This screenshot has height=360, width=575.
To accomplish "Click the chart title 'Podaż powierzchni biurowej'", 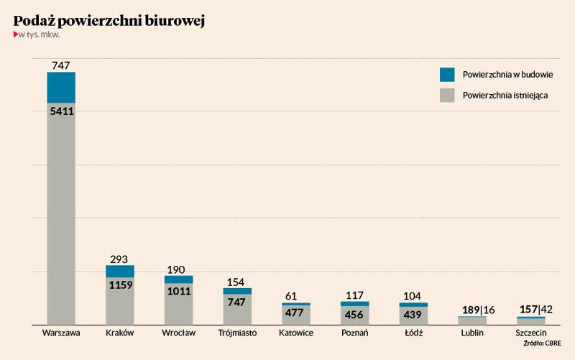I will click(109, 22).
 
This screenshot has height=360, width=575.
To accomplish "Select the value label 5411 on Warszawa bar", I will click(61, 111).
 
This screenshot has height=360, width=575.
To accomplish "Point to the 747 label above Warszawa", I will click(61, 65).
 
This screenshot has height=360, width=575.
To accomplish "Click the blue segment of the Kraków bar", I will click(120, 272).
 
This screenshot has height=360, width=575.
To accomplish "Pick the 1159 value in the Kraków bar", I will click(120, 285).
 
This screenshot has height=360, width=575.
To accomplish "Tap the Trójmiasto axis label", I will click(237, 333).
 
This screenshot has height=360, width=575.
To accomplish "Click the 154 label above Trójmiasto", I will click(237, 281).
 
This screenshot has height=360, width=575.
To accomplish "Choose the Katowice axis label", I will click(296, 333).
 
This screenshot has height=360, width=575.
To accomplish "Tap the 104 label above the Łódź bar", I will click(413, 295).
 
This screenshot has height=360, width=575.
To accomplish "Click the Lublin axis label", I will click(472, 333).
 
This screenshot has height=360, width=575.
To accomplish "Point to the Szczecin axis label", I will click(531, 333).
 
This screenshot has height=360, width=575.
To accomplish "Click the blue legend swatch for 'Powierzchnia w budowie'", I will click(447, 74).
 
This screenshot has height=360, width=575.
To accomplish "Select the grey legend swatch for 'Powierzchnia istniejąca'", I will click(447, 95).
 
